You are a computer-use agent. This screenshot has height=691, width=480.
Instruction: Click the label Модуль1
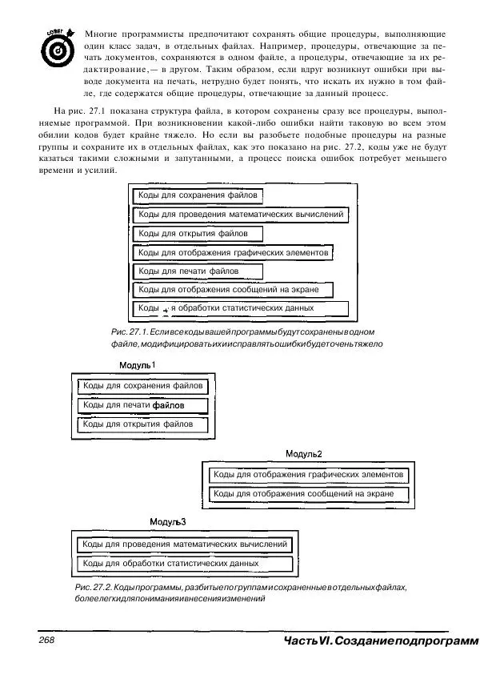click(x=137, y=365)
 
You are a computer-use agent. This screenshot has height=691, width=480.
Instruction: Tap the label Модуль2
click(x=304, y=454)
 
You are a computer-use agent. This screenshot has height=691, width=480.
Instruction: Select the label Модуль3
click(x=168, y=522)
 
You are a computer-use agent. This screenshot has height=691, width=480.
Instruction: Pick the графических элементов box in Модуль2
click(x=309, y=476)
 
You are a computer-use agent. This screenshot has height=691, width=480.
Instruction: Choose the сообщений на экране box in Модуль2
click(x=309, y=494)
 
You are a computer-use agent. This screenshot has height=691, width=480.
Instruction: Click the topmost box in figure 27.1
click(x=198, y=195)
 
